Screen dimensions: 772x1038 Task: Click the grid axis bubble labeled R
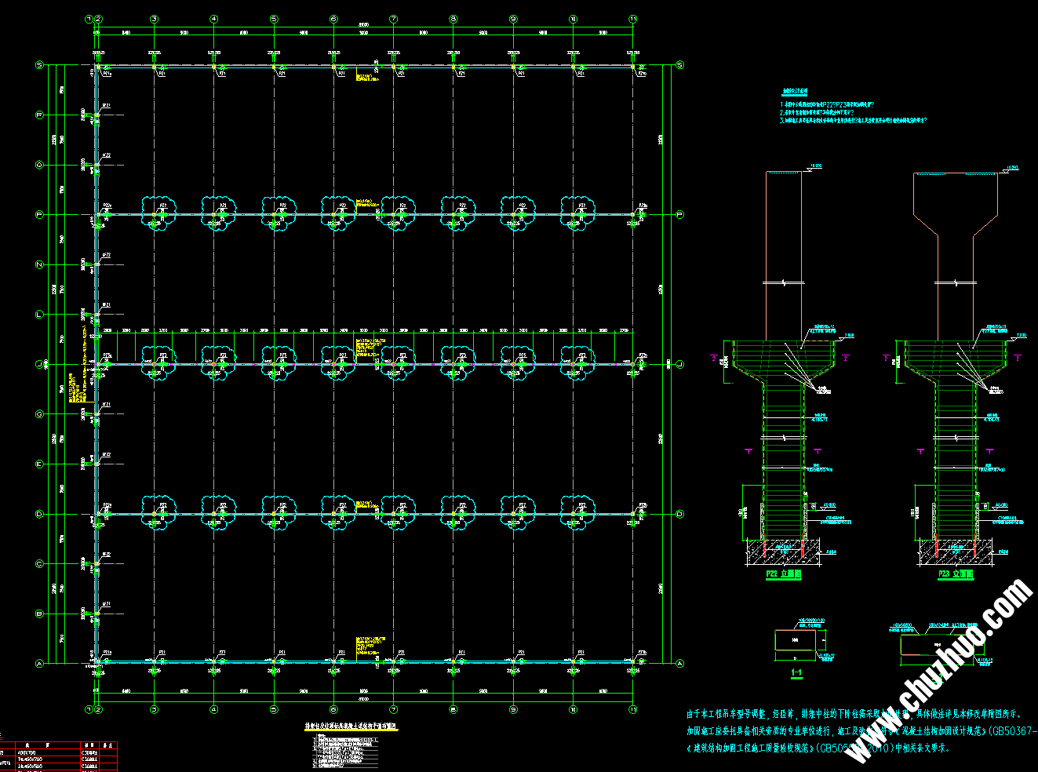[39, 115]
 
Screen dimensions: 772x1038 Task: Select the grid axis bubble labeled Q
[39, 165]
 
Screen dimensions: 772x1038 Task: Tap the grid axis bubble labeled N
[39, 265]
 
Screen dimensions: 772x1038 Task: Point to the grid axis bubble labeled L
[39, 315]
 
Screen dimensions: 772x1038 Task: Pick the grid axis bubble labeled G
[39, 414]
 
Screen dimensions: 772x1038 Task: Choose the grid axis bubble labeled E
[39, 464]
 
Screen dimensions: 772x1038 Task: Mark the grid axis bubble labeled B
[39, 614]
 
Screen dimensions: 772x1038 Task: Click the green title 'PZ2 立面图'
[784, 574]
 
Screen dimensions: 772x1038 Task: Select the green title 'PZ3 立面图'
[955, 574]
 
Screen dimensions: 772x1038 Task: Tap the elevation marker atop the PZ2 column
[813, 167]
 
